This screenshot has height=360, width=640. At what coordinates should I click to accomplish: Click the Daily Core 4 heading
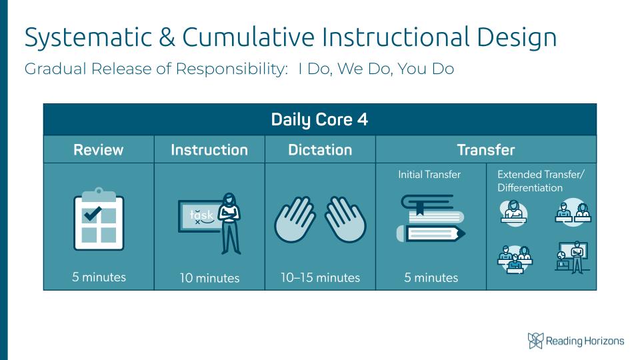click(x=319, y=119)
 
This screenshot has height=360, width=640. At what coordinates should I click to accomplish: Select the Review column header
click(x=99, y=150)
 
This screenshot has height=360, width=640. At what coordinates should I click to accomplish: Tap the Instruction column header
click(x=209, y=150)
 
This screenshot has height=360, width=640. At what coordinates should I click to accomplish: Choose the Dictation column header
click(x=320, y=150)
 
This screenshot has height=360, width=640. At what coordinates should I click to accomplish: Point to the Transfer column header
click(x=486, y=150)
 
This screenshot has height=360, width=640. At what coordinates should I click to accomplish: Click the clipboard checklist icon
click(x=99, y=219)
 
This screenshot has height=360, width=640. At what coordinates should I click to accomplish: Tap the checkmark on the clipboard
click(x=92, y=213)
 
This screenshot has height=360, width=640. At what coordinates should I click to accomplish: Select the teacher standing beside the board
click(x=230, y=224)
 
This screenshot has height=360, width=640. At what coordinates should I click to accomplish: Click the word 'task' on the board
click(x=201, y=215)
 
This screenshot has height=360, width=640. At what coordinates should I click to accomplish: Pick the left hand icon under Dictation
click(x=295, y=219)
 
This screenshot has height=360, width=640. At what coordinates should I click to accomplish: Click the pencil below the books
click(x=431, y=233)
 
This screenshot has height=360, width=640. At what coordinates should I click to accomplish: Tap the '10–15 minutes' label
click(x=321, y=277)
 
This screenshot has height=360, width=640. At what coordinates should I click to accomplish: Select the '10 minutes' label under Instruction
click(x=209, y=278)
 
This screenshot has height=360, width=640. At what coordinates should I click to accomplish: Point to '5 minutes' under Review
click(x=99, y=277)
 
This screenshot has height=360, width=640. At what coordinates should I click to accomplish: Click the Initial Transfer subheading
click(x=429, y=175)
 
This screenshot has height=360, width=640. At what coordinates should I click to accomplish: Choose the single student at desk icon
click(x=513, y=213)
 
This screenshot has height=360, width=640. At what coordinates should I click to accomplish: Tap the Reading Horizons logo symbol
click(x=535, y=341)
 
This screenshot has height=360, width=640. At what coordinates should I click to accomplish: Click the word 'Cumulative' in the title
click(x=248, y=37)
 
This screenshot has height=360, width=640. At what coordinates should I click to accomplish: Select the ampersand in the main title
click(x=167, y=37)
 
